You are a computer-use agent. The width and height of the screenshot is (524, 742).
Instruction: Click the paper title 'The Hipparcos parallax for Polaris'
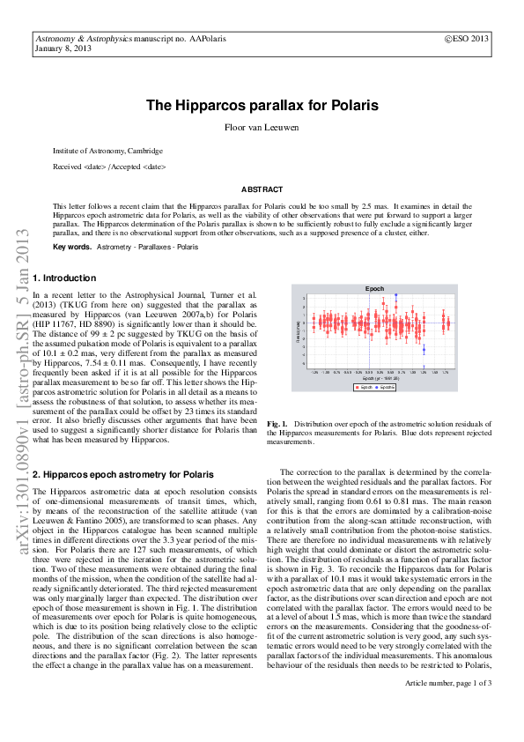click(x=262, y=105)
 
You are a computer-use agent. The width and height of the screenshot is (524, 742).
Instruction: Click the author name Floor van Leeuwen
click(x=262, y=127)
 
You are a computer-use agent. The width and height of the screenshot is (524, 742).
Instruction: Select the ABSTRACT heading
click(x=262, y=189)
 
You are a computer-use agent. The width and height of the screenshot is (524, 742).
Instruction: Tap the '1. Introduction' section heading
click(x=64, y=278)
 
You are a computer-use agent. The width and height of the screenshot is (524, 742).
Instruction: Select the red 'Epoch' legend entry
click(x=363, y=387)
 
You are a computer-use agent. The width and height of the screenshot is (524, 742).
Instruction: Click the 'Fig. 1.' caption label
click(x=278, y=425)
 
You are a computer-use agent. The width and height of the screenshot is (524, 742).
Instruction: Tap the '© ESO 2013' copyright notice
click(x=466, y=40)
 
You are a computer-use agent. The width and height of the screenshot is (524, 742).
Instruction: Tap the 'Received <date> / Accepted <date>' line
click(x=108, y=167)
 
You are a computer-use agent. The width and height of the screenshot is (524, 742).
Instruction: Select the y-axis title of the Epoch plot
click(x=299, y=333)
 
